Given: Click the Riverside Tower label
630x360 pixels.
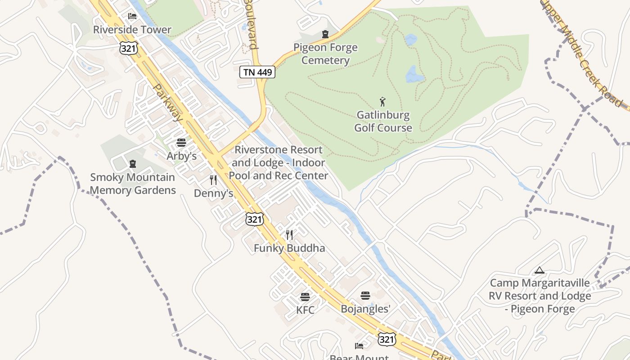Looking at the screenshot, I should (x=132, y=30).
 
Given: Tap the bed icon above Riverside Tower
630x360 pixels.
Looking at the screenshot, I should (x=132, y=16).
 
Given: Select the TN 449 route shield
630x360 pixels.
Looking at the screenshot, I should (x=257, y=72).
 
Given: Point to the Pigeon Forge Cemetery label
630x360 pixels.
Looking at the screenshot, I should (x=325, y=54).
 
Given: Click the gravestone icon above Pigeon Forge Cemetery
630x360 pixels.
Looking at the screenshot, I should (x=325, y=34).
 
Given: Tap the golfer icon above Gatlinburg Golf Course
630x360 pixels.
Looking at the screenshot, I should (x=382, y=102).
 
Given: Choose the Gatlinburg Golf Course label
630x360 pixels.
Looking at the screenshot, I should (x=383, y=121).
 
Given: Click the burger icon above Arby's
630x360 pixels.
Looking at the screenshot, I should (x=181, y=143).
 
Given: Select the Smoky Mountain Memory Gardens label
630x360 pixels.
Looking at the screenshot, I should (x=133, y=184).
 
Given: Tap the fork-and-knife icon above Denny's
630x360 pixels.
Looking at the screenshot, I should (x=213, y=180).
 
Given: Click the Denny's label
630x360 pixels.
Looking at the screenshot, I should (x=213, y=193).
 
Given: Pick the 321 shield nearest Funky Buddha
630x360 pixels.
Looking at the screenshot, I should (x=254, y=219).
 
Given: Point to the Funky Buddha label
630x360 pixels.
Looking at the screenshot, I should (x=289, y=248).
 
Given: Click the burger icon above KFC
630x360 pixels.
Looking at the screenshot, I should (x=305, y=297).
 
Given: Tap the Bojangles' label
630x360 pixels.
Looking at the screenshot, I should (x=365, y=309).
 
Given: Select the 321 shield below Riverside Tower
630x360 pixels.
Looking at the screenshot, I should (x=128, y=48).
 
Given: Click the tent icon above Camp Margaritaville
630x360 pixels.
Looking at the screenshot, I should (x=539, y=270).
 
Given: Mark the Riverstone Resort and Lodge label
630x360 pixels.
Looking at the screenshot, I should (x=279, y=162).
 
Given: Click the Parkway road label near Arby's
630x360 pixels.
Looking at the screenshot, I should (x=168, y=103).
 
